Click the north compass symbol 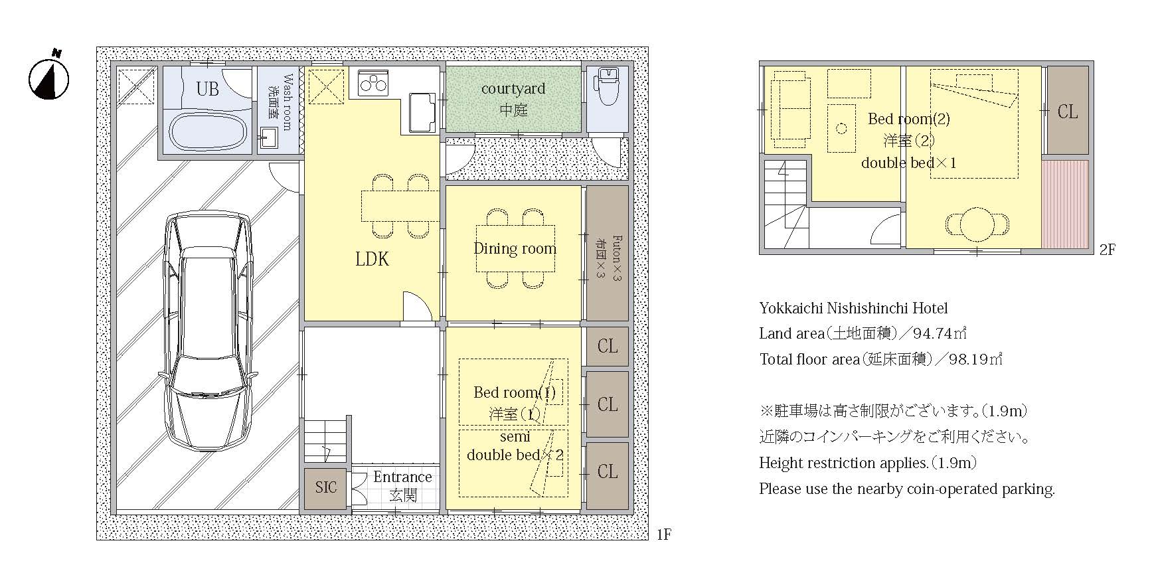48,77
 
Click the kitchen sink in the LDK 422,111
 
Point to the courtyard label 513,88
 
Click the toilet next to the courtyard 608,87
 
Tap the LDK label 372,259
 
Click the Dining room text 515,248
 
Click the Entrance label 402,477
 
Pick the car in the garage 208,331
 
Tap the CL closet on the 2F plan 1068,111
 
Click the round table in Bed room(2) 977,224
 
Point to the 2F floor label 1108,250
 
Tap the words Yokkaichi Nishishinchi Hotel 853,308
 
